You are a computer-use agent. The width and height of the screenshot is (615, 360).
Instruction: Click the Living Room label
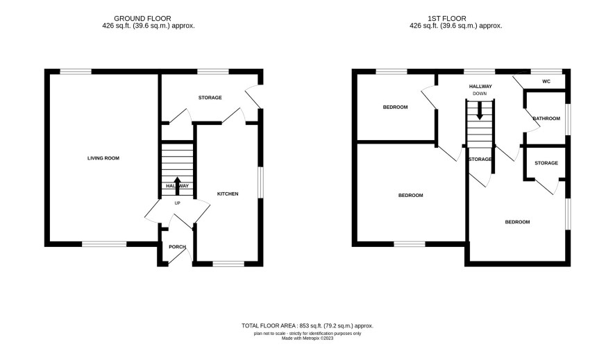point(103,158)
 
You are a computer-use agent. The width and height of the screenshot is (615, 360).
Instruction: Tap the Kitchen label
point(228,194)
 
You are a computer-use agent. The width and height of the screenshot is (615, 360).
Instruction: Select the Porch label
point(177,247)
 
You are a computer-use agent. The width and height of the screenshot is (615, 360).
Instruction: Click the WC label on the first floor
point(546,81)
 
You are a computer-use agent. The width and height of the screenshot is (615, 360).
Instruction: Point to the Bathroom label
point(546,119)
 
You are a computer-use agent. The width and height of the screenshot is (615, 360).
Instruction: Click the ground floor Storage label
point(210,98)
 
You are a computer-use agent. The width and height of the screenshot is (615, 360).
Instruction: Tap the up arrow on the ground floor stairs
point(177,186)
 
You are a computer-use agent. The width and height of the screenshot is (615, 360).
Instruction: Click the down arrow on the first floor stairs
point(479,111)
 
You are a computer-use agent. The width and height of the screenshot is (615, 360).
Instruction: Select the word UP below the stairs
point(177,203)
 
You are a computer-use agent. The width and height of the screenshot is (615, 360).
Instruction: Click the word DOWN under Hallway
point(480,94)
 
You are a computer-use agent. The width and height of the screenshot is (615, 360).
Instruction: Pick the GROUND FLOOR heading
point(142,19)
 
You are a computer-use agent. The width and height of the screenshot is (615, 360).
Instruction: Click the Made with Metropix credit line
point(307,338)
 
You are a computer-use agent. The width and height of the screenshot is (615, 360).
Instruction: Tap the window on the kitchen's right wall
point(260,182)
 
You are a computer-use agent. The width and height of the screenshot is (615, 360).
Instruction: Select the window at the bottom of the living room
point(104,244)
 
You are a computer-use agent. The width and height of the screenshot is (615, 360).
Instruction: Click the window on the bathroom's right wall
point(568,119)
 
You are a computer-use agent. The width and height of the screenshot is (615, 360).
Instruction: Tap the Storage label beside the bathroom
point(546,163)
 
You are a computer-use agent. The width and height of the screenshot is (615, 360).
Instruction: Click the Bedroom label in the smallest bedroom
point(396,107)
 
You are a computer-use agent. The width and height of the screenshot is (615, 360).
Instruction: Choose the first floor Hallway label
point(480,86)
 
